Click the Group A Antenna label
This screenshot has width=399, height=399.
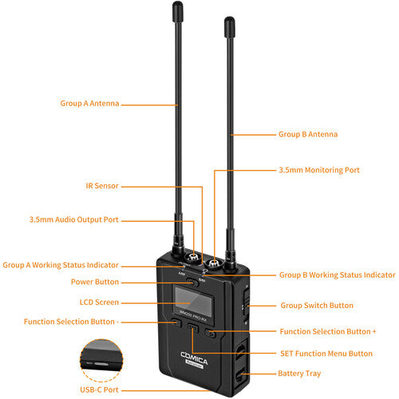point(89,104)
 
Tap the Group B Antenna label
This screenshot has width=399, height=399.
point(308,134)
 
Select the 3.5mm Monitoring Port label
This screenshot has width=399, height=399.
point(319,170)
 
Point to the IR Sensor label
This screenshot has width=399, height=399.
point(102,186)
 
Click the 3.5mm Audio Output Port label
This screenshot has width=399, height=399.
point(74,219)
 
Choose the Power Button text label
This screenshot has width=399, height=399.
point(95,282)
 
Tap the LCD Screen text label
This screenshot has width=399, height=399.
point(99,302)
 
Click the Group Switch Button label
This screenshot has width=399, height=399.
point(317,306)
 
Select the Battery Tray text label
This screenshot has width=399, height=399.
point(299,373)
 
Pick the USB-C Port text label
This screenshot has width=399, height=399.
point(99,390)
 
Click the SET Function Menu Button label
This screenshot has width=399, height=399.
point(326,354)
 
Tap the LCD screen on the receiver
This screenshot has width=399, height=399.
point(193,300)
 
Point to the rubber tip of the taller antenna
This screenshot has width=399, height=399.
point(178,12)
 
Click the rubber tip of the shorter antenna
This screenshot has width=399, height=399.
point(229,27)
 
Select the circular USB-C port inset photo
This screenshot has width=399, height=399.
point(101,356)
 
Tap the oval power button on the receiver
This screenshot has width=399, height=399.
point(192,282)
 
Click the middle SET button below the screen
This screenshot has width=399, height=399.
point(193,328)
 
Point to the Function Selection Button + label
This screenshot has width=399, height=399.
point(328,332)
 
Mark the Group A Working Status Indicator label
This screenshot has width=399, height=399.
point(61,265)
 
